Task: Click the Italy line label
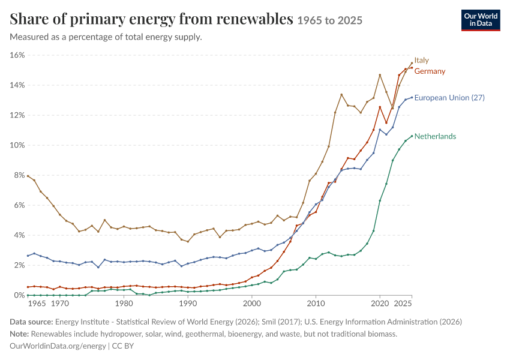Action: tap(421, 60)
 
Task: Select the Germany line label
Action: tap(430, 71)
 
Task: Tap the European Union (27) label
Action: tap(449, 98)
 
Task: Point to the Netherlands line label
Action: tap(435, 136)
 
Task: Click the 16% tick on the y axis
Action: tap(17, 55)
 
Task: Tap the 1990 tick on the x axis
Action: tap(188, 304)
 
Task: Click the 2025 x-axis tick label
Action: tap(403, 304)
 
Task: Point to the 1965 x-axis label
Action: tap(37, 304)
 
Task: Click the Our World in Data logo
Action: tap(481, 20)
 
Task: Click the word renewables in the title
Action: tap(254, 19)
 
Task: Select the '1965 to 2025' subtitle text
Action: tap(329, 20)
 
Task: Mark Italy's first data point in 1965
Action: tap(28, 176)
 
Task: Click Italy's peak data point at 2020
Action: tap(380, 75)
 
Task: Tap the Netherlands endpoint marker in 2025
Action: tap(412, 136)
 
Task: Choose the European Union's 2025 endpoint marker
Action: tap(412, 97)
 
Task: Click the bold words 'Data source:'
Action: tap(31, 322)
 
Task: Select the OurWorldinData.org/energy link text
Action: tap(58, 346)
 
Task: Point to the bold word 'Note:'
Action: tap(19, 334)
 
